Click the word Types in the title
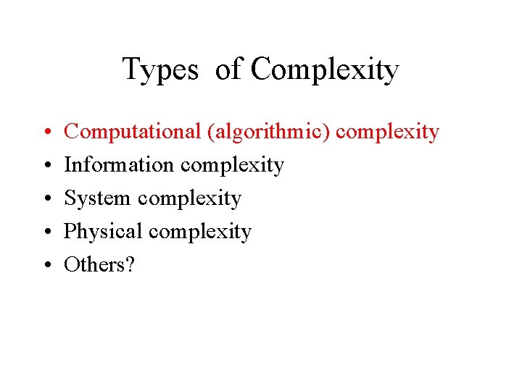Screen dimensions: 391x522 coord(159,70)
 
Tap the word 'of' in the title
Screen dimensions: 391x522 coord(228,70)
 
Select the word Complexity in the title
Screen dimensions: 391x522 coord(325,70)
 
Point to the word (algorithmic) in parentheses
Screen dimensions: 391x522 coord(269,133)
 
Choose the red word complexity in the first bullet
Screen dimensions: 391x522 coord(388,133)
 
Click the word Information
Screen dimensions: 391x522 coord(119,165)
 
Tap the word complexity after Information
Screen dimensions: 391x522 coord(232,166)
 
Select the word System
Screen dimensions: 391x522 coord(97,198)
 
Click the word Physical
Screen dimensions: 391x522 coord(103,232)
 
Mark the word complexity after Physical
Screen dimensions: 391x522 coord(199,232)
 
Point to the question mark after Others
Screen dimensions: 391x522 coord(130,265)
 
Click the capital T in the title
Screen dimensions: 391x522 coord(130,70)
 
